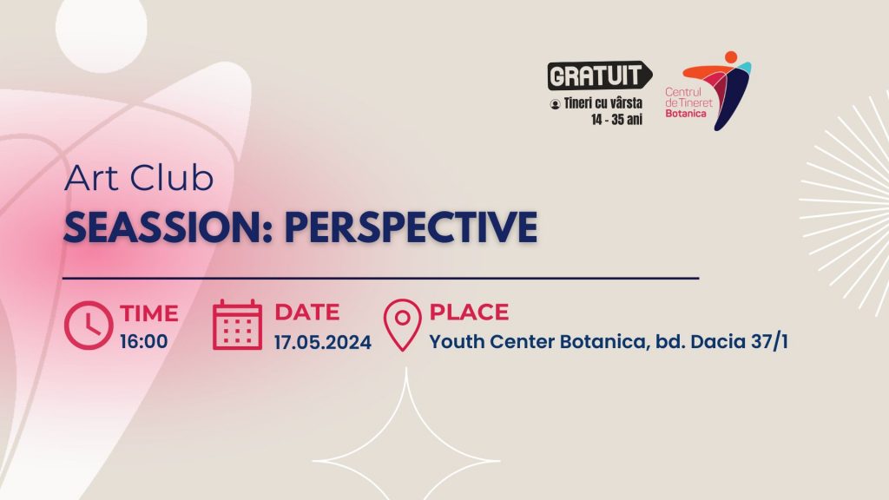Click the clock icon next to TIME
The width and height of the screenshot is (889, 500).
point(89,326)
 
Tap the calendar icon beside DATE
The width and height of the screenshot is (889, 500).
point(238,325)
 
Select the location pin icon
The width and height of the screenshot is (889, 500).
point(403,325)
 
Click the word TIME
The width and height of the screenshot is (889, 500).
point(149,313)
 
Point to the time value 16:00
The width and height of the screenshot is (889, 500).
point(144,342)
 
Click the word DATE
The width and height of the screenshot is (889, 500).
point(307,312)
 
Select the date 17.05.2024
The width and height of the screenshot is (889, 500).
point(323,342)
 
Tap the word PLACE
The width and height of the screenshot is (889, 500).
point(469,312)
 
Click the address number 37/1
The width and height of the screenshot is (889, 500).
point(769,341)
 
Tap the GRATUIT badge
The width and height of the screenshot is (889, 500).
point(600,76)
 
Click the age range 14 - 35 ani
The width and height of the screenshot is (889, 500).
point(617,120)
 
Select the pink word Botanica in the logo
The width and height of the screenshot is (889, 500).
point(686,114)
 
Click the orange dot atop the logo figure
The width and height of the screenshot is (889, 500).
point(731,56)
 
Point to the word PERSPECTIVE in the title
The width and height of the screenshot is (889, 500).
point(411,227)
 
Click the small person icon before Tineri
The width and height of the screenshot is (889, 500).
point(555,104)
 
